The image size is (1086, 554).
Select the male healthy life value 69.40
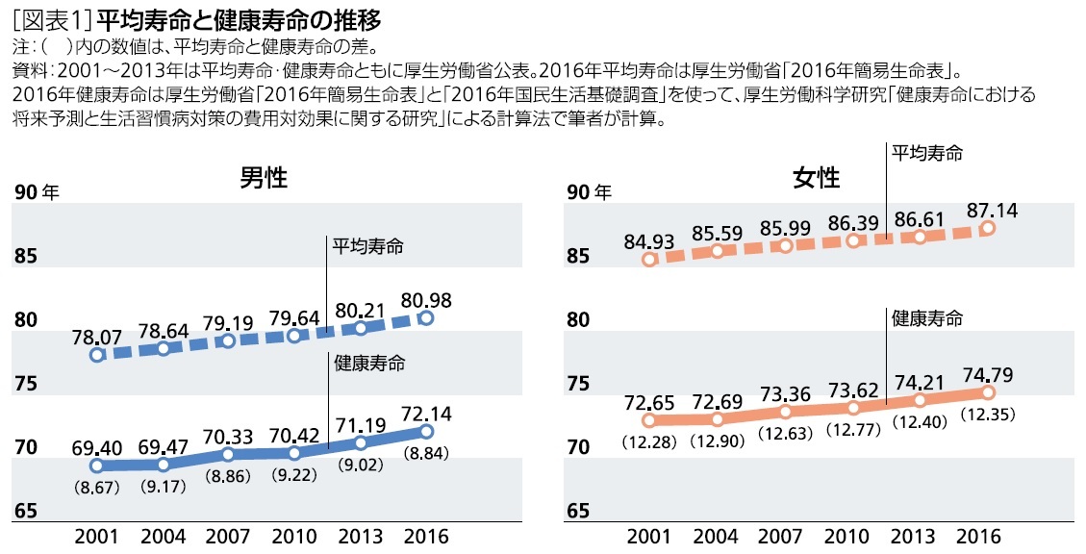click(97, 447)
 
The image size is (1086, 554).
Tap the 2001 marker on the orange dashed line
click(649, 259)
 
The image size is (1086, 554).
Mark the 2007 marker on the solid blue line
click(228, 454)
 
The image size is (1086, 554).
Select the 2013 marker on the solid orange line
click(921, 400)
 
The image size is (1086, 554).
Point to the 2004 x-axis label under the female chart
click(717, 536)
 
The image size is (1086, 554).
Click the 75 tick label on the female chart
click(578, 384)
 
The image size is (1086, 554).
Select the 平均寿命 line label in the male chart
click(368, 246)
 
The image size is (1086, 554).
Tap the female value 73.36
click(785, 391)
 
